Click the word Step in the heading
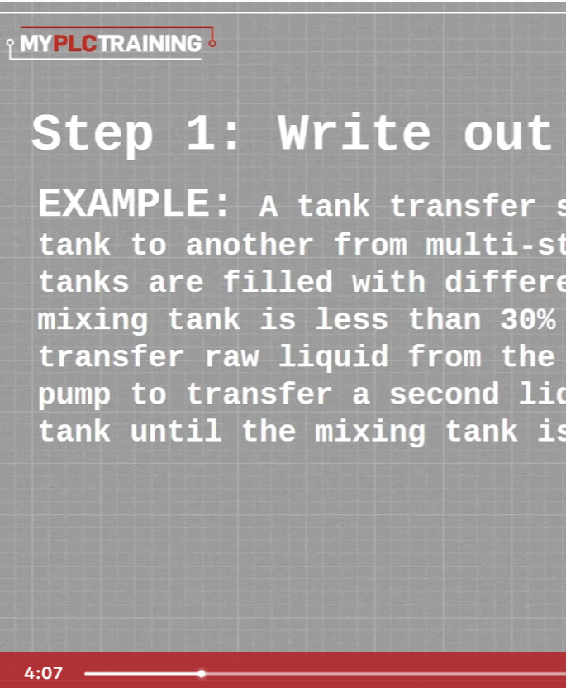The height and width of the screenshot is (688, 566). [x=92, y=135]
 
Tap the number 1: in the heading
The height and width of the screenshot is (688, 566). [x=213, y=132]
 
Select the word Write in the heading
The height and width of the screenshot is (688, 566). [x=354, y=131]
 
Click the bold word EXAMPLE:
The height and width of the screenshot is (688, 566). [x=134, y=203]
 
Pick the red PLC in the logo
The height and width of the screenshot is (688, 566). [x=75, y=44]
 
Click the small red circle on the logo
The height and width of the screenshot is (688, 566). [x=212, y=43]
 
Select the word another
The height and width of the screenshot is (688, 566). [x=250, y=245]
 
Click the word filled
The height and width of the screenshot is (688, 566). [x=278, y=281]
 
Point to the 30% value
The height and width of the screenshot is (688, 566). [x=528, y=319]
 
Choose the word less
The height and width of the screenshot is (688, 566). [x=352, y=319]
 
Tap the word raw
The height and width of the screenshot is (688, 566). [x=232, y=357]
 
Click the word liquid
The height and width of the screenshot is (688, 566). [x=333, y=356]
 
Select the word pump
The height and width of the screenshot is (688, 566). [x=74, y=396]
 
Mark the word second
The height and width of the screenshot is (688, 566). [x=444, y=394]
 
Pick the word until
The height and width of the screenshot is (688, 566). [x=176, y=431]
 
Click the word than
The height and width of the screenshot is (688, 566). [x=445, y=319]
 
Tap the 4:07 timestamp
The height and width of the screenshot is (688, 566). [x=44, y=672]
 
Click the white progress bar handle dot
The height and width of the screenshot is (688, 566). [x=202, y=673]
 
